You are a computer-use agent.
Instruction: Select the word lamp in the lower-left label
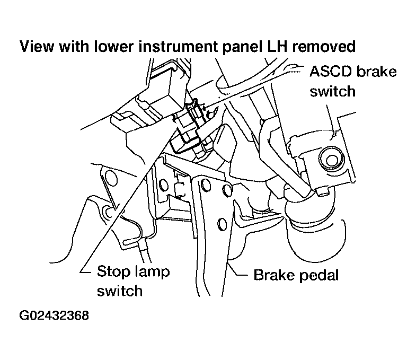tap(148, 272)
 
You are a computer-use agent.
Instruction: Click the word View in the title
tap(36, 47)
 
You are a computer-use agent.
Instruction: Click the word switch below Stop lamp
tap(120, 291)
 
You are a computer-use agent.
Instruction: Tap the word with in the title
tap(73, 47)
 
